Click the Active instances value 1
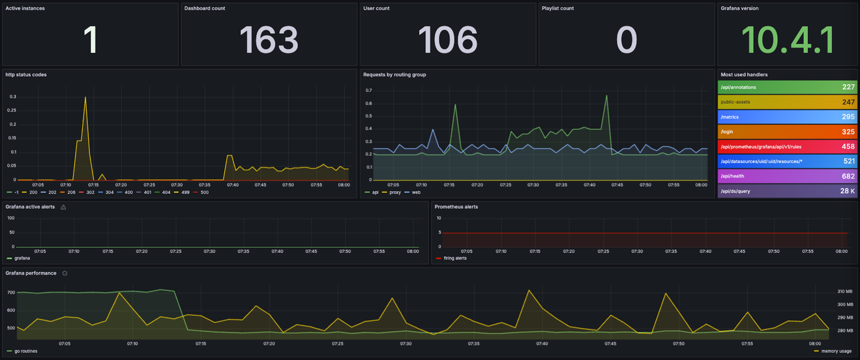pyautogui.click(x=90, y=40)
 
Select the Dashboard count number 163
pyautogui.click(x=269, y=40)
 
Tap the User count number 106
pyautogui.click(x=447, y=40)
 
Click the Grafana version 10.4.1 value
pyautogui.click(x=787, y=40)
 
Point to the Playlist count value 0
pyautogui.click(x=626, y=40)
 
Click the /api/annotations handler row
pyautogui.click(x=787, y=87)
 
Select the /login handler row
pyautogui.click(x=787, y=132)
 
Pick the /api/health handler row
pyautogui.click(x=787, y=176)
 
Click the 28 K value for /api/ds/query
pyautogui.click(x=847, y=191)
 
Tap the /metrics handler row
pyautogui.click(x=787, y=117)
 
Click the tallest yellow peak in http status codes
pyautogui.click(x=85, y=97)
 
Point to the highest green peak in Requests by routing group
pyautogui.click(x=606, y=96)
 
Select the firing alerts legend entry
pyautogui.click(x=456, y=258)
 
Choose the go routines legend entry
pyautogui.click(x=23, y=351)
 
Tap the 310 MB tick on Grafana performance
pyautogui.click(x=844, y=292)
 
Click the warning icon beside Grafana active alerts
pyautogui.click(x=63, y=207)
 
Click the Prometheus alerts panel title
pyautogui.click(x=456, y=207)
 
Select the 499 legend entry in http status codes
pyautogui.click(x=185, y=192)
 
